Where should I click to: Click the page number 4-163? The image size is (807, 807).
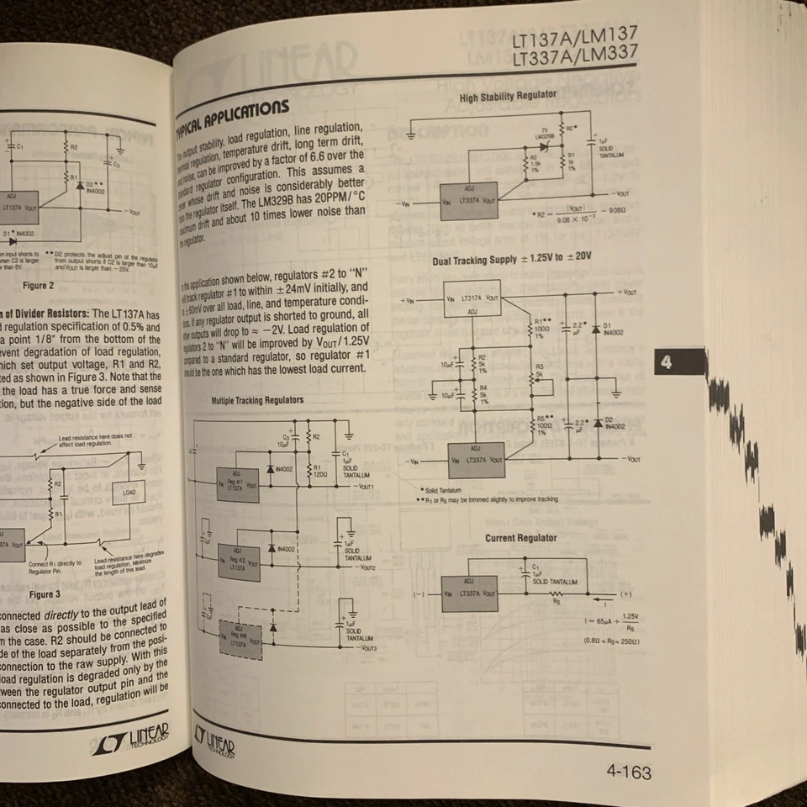tap(627, 772)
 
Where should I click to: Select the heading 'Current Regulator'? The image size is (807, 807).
tap(520, 538)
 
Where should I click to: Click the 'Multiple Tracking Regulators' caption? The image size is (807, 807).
tap(257, 401)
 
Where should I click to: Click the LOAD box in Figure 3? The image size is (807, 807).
tap(129, 492)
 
